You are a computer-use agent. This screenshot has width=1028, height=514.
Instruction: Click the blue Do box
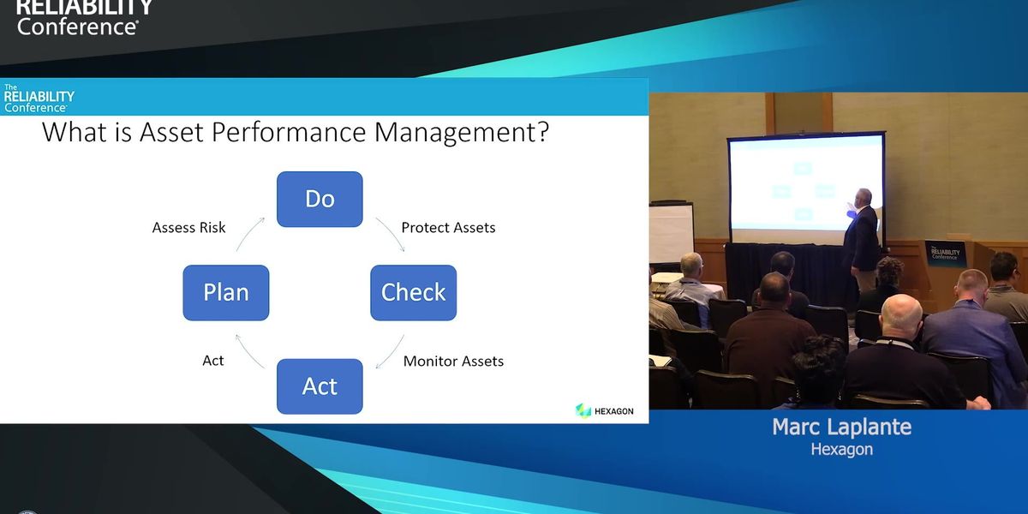click(320, 199)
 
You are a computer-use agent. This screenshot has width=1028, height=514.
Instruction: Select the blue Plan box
click(226, 293)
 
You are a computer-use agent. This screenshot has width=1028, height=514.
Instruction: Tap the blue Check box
click(414, 293)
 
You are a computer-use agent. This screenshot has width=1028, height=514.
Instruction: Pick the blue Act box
click(320, 386)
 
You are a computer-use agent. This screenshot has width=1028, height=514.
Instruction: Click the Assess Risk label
click(188, 228)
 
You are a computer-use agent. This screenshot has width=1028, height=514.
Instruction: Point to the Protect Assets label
click(448, 228)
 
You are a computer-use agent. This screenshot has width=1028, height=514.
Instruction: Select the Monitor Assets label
click(453, 362)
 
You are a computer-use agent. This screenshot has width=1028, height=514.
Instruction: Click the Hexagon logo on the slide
click(605, 410)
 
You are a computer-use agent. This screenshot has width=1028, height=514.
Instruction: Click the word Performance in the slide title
click(289, 132)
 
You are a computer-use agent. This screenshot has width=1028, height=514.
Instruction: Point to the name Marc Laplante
click(841, 427)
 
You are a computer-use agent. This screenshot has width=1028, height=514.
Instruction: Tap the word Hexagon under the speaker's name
click(841, 449)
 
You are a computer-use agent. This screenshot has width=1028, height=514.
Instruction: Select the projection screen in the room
click(806, 188)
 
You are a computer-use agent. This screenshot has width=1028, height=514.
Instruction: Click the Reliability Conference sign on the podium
click(946, 253)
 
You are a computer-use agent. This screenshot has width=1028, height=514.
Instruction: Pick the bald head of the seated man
click(902, 314)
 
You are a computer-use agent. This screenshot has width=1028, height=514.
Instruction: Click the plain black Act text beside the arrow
click(213, 361)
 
